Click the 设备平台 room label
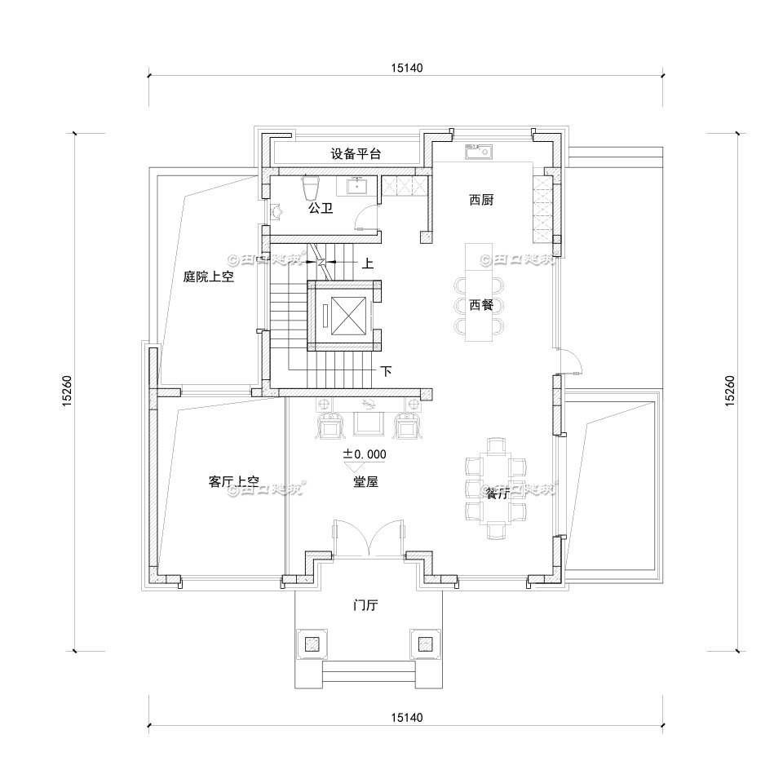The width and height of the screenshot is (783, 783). pos(356,153)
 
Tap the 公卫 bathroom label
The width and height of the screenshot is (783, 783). pos(320,209)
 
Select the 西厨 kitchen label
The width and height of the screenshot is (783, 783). pos(481,200)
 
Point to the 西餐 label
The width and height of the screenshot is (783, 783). pos(481,305)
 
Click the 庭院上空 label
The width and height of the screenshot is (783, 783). pos(209,277)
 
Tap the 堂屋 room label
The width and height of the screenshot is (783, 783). pos(365,482)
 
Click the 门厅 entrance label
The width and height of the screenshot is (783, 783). pos(365,605)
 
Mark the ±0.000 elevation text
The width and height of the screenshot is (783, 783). pos(365,454)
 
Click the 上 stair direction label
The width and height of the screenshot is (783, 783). pos(368,263)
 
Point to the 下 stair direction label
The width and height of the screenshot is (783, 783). pos(386,372)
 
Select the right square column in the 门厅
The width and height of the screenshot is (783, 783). pos(425,644)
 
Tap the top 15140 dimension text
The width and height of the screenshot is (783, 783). pos(405,69)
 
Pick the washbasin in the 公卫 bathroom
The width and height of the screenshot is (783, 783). pos(358,186)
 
